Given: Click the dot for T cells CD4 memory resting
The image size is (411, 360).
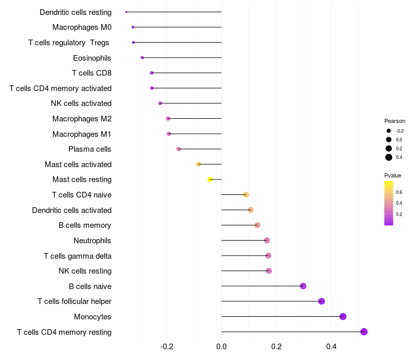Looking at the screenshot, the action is (364, 332).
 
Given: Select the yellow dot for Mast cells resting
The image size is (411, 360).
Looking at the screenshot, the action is (210, 179).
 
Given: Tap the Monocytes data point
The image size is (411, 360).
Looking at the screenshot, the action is (343, 316).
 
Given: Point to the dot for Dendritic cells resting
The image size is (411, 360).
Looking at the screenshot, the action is (126, 12).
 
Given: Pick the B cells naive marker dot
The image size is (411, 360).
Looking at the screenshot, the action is (303, 286).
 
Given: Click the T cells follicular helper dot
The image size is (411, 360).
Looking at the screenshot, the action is (322, 301).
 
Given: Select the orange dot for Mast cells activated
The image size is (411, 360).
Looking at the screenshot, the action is (198, 164).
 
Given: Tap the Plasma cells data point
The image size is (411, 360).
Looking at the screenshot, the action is (178, 149).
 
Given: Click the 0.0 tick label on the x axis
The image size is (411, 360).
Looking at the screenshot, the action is (221, 347).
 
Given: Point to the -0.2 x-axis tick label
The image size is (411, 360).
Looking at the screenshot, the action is (166, 347).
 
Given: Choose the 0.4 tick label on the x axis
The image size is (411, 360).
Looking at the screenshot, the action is (331, 347).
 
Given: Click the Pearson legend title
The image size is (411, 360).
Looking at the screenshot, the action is (395, 121).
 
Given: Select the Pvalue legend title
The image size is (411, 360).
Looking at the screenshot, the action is (393, 175).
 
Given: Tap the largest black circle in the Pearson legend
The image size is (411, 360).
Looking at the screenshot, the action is (388, 157).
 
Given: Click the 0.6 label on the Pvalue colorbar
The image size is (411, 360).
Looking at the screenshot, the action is (399, 192).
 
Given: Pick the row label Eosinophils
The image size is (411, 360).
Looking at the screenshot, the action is (92, 58).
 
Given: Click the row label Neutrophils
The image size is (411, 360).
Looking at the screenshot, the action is (92, 241).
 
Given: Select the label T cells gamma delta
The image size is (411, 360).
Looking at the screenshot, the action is (78, 256).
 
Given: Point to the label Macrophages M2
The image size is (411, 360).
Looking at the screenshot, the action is (82, 119).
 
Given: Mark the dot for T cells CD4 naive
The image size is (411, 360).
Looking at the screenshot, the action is (246, 195).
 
